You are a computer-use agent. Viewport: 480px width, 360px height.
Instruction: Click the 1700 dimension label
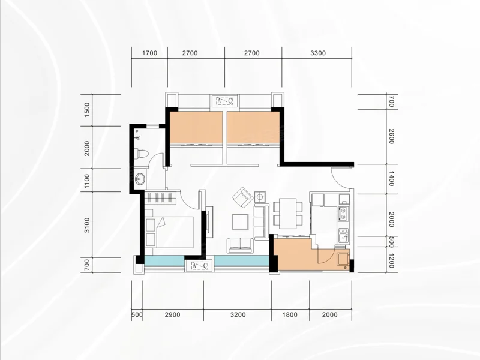click(149, 53)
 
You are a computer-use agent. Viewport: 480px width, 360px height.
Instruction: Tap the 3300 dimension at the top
click(318, 53)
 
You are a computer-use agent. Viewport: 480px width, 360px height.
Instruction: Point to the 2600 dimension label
click(391, 137)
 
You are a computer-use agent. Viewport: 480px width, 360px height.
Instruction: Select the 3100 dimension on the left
click(87, 225)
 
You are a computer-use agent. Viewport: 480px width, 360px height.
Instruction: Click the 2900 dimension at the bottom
click(172, 314)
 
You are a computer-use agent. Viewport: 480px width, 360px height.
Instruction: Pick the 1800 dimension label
click(290, 314)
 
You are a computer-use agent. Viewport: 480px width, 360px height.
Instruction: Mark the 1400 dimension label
click(391, 179)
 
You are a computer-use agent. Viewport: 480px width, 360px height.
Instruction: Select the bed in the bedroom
click(169, 232)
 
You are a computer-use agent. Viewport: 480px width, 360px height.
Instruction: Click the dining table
click(288, 214)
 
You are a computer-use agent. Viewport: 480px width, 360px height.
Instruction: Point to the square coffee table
click(240, 222)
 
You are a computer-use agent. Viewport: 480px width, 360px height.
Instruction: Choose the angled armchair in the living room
click(243, 197)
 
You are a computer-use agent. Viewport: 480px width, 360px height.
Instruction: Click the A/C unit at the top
click(224, 101)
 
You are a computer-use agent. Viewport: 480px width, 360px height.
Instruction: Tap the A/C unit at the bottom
click(200, 266)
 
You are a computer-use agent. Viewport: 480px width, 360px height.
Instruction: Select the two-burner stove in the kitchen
click(343, 214)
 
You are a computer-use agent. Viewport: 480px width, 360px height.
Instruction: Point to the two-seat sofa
click(240, 245)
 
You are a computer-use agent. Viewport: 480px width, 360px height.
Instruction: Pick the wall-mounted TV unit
click(209, 222)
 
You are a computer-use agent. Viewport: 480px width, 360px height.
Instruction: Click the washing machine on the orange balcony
click(343, 259)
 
